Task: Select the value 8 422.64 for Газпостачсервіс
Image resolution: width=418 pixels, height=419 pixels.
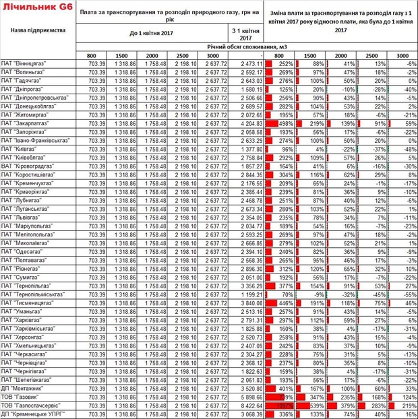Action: click(247, 406)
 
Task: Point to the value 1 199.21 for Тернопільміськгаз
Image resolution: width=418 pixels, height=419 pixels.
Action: click(247, 296)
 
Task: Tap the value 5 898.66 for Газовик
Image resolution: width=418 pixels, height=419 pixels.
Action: click(247, 397)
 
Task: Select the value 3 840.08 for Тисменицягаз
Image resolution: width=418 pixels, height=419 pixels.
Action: click(247, 304)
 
